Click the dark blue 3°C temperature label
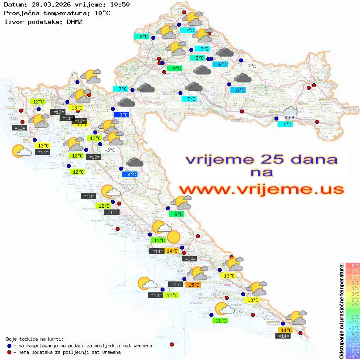click(124, 115)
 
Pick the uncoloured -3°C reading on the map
click(110, 150)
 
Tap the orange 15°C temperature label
click(193, 285)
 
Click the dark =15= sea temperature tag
click(176, 285)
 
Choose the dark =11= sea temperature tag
click(67, 118)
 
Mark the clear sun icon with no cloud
click(173, 237)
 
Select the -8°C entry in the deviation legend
click(353, 357)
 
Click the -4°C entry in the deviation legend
click(353, 334)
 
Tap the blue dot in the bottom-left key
click(9, 346)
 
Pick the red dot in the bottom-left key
click(9, 352)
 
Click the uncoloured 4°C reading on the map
click(74, 75)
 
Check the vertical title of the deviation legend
click(342, 311)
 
